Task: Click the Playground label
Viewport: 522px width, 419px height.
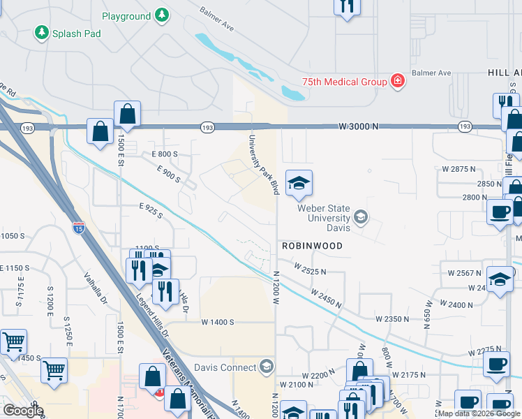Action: [126, 16]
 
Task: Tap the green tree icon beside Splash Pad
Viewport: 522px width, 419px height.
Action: [41, 33]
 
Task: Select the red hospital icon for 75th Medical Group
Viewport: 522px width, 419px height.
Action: [398, 82]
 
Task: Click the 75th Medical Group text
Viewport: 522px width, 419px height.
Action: [344, 82]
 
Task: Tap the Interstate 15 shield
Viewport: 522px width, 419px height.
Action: [78, 227]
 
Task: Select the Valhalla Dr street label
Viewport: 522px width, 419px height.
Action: [96, 288]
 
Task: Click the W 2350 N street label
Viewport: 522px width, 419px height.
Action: [391, 318]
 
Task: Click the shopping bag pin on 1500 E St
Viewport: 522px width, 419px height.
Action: [128, 114]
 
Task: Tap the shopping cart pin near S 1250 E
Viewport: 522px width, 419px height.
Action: [54, 371]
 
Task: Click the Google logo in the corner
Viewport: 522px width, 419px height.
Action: [22, 410]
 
